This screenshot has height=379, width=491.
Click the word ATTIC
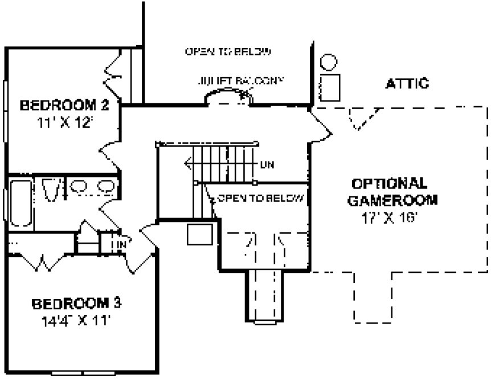(407, 84)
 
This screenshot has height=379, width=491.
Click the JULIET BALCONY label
(240, 81)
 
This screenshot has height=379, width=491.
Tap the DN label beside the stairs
(267, 166)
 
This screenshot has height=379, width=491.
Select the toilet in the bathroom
(50, 189)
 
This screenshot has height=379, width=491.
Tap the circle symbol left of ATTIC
(329, 61)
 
